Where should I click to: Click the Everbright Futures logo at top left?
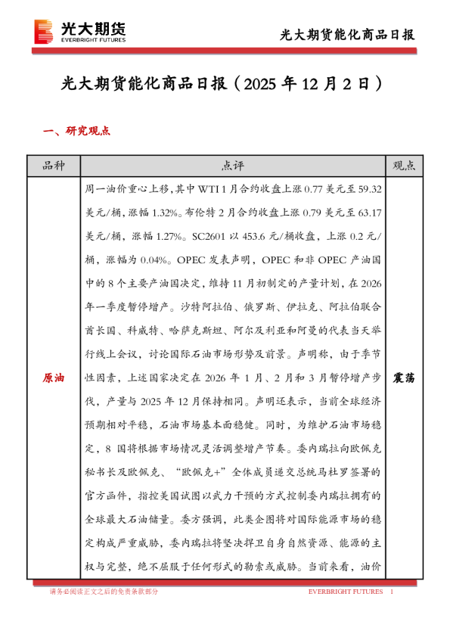tap(79, 31)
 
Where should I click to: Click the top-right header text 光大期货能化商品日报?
tap(347, 35)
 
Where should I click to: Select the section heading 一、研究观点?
tap(79, 131)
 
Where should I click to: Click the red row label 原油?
tap(54, 377)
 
